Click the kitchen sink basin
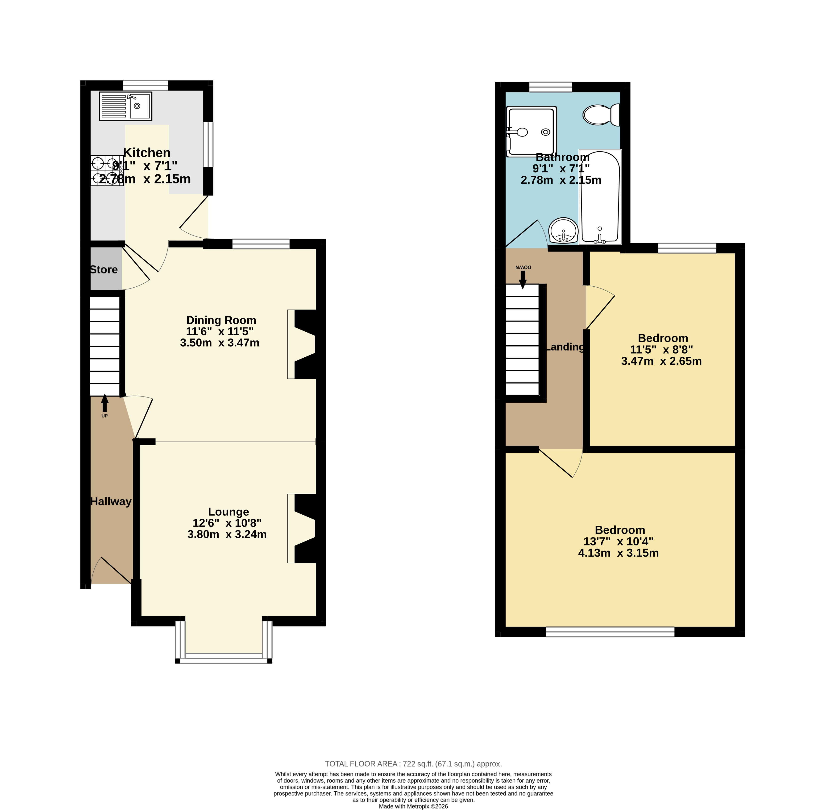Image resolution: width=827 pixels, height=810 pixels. pyautogui.click(x=140, y=106)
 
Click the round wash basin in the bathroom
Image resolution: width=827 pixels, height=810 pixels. pyautogui.click(x=563, y=230)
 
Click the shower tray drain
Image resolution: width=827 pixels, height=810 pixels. pyautogui.click(x=545, y=132)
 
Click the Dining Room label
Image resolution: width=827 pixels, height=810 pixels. pyautogui.click(x=221, y=320)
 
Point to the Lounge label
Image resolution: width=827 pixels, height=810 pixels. pyautogui.click(x=229, y=512)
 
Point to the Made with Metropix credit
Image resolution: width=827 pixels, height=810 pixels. pyautogui.click(x=413, y=806)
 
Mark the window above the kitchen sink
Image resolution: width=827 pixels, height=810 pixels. pyautogui.click(x=145, y=85)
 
